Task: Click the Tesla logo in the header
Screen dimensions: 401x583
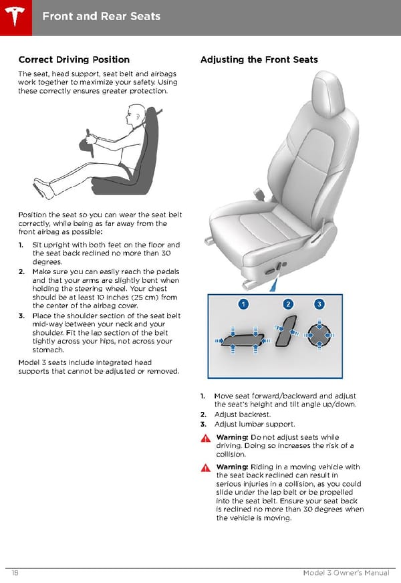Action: click(x=15, y=17)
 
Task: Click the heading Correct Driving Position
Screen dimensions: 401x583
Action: click(x=74, y=60)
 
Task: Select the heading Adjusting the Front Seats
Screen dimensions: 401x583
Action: click(x=259, y=60)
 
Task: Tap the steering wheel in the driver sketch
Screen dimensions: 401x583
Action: click(x=87, y=144)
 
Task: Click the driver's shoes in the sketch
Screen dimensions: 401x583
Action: click(x=43, y=188)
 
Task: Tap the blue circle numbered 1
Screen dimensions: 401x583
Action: click(x=243, y=304)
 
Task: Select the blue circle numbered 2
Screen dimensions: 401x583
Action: click(x=288, y=304)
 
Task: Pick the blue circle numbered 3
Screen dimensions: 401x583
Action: click(x=319, y=304)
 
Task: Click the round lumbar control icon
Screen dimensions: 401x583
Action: click(x=319, y=335)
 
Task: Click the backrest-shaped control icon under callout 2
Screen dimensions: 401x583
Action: click(x=286, y=331)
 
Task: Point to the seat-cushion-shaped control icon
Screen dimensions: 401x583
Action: click(x=243, y=340)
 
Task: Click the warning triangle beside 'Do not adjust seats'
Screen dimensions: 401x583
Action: click(x=206, y=439)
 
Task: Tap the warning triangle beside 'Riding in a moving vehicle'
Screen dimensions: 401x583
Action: click(x=206, y=468)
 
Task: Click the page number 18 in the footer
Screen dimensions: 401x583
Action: click(x=15, y=572)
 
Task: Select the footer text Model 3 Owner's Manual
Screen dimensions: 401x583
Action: click(x=346, y=572)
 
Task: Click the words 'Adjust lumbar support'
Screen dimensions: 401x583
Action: click(x=255, y=425)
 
